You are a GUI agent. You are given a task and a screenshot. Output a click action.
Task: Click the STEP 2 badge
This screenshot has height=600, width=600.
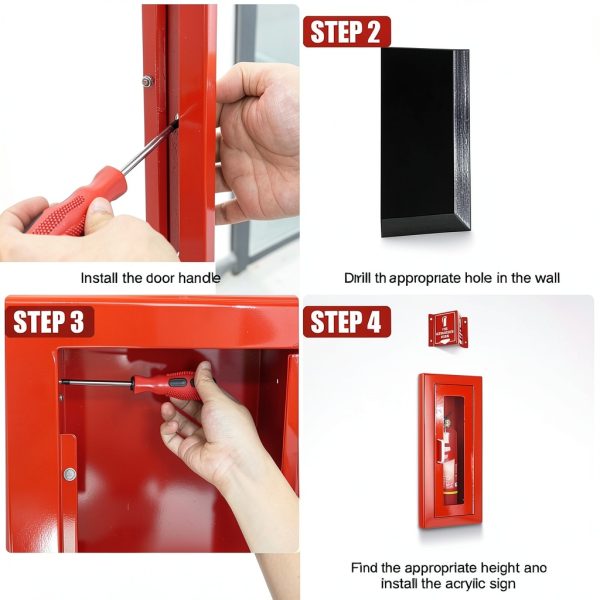coord(346,31)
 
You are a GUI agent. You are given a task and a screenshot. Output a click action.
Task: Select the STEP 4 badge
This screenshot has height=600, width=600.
coord(346,322)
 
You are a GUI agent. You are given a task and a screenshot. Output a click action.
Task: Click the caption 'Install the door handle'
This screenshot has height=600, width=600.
coord(150,278)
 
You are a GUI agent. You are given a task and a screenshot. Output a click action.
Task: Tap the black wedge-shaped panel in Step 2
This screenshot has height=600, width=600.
coord(420,140)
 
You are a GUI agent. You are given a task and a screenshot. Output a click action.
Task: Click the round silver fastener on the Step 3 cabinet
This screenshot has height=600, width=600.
coord(69,473)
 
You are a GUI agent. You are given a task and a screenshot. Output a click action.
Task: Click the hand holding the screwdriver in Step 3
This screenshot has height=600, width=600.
coord(210,430)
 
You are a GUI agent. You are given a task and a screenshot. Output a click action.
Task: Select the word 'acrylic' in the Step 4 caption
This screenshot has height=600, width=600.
coord(464,583)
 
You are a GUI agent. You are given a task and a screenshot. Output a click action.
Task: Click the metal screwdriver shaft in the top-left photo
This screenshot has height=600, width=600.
coord(145,149)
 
